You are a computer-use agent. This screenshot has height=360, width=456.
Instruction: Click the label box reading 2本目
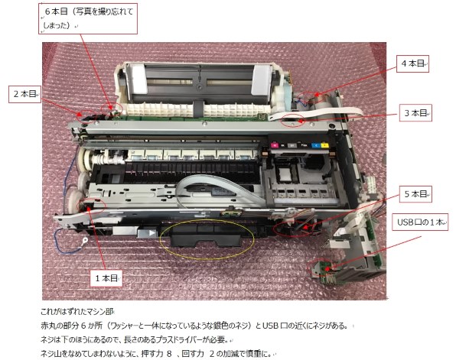tap(24, 93)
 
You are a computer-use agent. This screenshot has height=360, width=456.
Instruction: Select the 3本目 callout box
tap(417, 112)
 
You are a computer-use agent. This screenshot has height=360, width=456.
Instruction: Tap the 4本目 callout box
tap(412, 64)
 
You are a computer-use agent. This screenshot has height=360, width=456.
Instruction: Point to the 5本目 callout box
tap(416, 193)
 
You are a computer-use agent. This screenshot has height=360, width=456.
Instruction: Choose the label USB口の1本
tap(419, 222)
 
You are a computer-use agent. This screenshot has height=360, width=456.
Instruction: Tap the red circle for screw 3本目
tap(294, 119)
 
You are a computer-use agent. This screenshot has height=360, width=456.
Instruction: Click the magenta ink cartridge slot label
tap(272, 141)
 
